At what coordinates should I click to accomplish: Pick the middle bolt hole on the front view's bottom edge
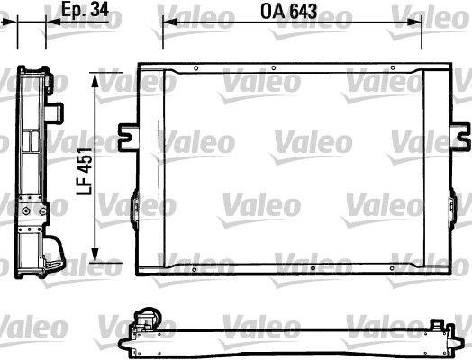tap(310, 268)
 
